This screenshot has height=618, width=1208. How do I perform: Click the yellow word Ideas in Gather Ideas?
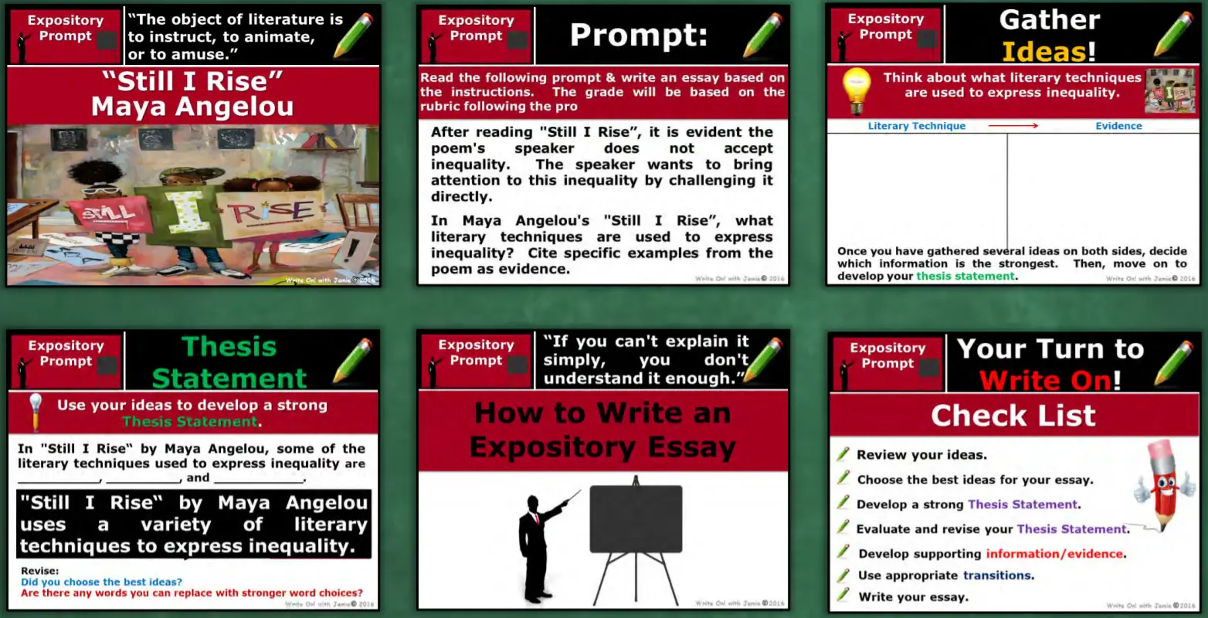(1043, 52)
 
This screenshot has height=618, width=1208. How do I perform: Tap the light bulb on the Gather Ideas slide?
(856, 91)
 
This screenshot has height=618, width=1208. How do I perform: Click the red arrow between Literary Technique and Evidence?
(1013, 125)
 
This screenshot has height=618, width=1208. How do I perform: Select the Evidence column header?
(1118, 126)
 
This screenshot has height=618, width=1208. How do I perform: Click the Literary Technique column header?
(916, 126)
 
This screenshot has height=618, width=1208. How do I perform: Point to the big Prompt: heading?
(638, 35)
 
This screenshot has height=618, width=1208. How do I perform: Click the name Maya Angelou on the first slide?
(192, 106)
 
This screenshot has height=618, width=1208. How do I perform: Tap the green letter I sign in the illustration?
(182, 212)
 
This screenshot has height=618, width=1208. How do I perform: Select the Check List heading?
(1013, 416)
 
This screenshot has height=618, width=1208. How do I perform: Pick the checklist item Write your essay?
(913, 596)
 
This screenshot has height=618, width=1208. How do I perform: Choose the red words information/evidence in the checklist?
(1054, 554)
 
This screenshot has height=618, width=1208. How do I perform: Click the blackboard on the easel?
(636, 518)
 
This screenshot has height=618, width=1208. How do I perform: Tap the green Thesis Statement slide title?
(229, 362)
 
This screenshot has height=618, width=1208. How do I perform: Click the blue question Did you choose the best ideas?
(101, 582)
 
